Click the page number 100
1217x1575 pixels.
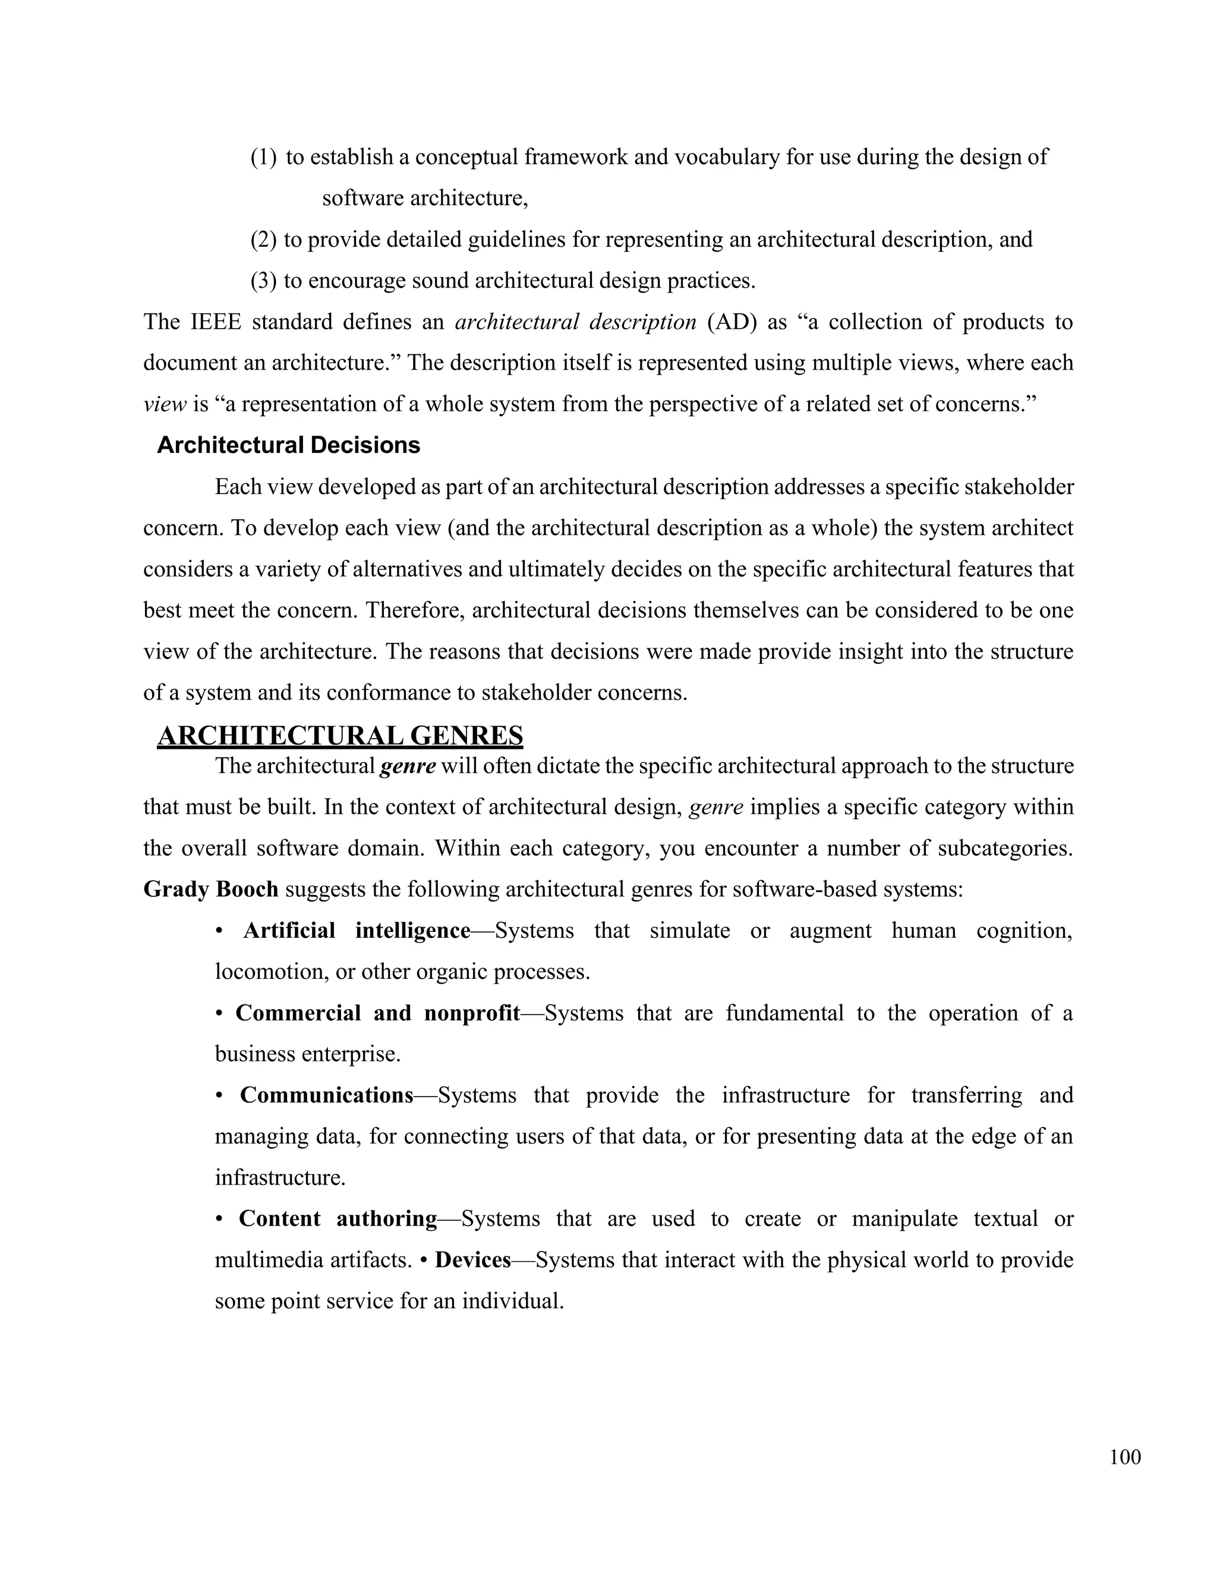1125,1457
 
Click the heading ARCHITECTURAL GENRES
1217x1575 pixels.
339,736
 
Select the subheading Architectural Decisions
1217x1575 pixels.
288,445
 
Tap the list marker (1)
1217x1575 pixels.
263,156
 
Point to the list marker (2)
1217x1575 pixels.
263,240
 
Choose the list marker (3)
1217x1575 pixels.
263,281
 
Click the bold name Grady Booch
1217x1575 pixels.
210,889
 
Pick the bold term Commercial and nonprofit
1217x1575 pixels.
377,1013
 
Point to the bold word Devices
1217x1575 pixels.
473,1260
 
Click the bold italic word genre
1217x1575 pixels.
407,766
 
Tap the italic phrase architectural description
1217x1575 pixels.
575,322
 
